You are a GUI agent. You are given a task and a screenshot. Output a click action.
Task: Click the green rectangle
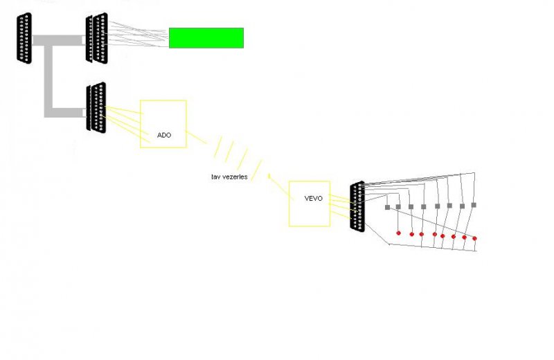tap(206, 38)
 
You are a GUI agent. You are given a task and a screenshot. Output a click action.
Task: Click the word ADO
tap(164, 135)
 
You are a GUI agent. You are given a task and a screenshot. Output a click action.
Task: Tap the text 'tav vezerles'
tap(229, 177)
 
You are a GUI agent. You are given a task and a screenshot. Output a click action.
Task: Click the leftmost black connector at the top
tap(24, 38)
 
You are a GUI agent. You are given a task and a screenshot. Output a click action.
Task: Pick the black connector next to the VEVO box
tap(357, 207)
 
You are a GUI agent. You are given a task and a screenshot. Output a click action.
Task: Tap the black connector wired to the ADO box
tap(96, 107)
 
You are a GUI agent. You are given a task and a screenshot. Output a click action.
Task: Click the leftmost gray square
tap(388, 207)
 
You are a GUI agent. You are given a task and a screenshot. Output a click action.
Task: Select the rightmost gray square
tap(474, 205)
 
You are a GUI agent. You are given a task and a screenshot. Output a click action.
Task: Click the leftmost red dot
tap(398, 233)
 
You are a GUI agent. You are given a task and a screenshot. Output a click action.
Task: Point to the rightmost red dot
tap(474, 238)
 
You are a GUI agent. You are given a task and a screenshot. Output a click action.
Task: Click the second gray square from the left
tap(398, 206)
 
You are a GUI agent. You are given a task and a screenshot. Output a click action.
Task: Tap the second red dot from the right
tap(464, 237)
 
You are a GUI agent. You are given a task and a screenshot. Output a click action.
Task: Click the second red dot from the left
tap(411, 234)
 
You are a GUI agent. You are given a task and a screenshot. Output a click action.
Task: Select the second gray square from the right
tap(462, 206)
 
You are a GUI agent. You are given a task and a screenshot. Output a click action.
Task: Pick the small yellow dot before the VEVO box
tap(269, 177)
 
